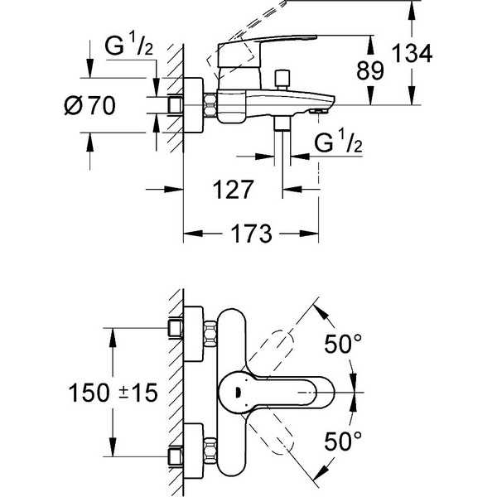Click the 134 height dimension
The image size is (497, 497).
(x=412, y=54)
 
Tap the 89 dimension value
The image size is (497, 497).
(x=369, y=70)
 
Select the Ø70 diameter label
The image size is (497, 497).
(x=89, y=105)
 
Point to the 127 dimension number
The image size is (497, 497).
(x=233, y=190)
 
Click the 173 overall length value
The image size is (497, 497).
(x=251, y=234)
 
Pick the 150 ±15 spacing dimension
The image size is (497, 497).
(x=113, y=393)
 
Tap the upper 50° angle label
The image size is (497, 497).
(x=343, y=344)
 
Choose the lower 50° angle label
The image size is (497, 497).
(x=343, y=442)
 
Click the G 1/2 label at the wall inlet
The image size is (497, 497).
(x=128, y=46)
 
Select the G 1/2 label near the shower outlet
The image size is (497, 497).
(x=338, y=142)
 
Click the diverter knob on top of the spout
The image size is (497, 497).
(x=282, y=79)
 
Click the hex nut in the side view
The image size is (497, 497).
(x=210, y=104)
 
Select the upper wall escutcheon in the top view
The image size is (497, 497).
(x=193, y=334)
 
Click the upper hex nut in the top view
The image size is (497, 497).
(x=210, y=334)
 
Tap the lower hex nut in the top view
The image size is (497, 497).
(x=210, y=451)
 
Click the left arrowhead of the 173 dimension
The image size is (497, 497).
(x=193, y=234)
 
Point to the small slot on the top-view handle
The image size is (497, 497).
(x=236, y=393)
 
